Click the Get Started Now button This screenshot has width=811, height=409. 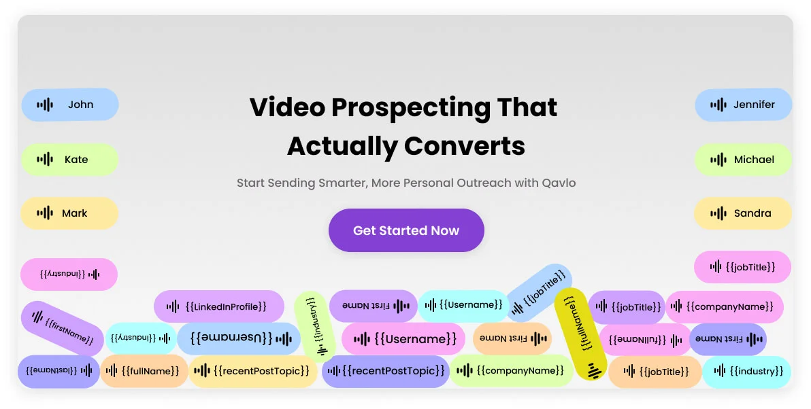406,230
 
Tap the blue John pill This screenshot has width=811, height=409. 70,105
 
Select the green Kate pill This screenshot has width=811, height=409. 70,160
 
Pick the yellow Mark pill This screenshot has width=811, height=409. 70,213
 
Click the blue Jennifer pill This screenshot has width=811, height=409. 743,105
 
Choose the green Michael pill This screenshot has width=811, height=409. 743,160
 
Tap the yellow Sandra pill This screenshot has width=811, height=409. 743,213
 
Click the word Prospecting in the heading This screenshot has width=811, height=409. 411,107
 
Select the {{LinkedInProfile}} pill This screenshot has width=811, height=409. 219,307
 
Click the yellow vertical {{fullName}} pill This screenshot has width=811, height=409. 580,334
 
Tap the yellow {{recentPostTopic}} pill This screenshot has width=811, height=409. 252,371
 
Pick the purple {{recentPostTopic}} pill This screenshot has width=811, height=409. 386,371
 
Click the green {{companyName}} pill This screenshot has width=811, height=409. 512,370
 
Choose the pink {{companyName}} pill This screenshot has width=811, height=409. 725,307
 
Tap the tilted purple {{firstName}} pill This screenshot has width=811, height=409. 63,328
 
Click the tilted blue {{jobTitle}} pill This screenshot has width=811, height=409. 540,292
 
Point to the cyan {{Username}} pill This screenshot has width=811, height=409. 464,306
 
